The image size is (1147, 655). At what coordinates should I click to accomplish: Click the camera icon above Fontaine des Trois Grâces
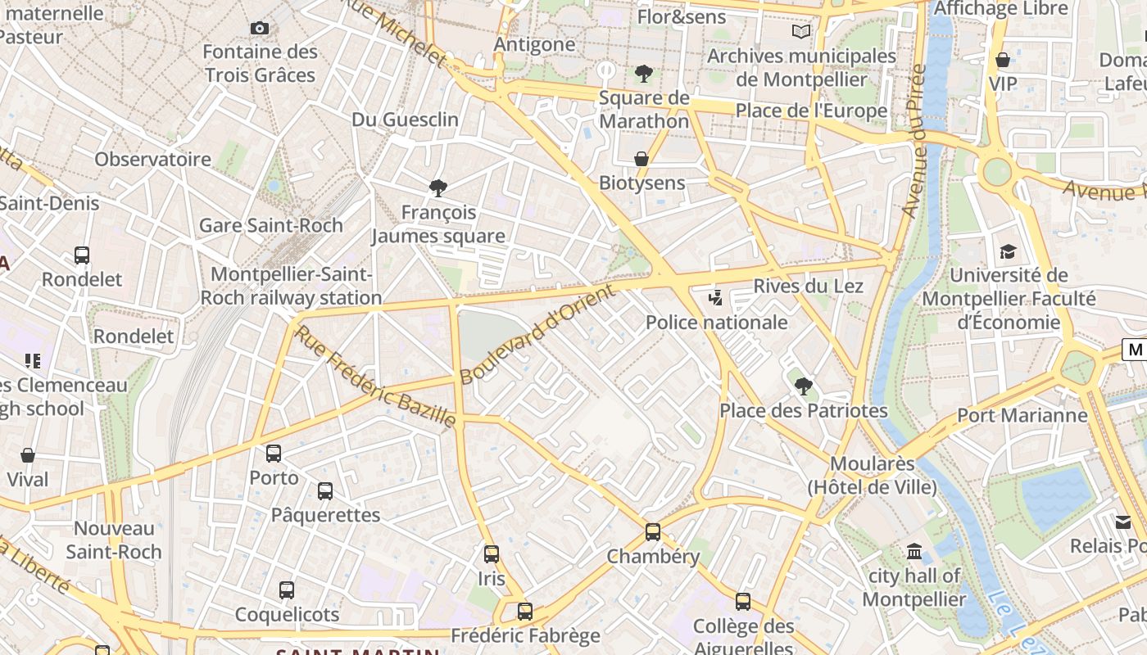pos(260,29)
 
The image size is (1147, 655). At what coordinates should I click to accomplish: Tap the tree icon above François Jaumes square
pos(438,188)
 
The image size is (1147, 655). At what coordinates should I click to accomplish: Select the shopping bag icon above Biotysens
pos(642,159)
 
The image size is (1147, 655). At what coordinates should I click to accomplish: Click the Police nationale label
pos(717,323)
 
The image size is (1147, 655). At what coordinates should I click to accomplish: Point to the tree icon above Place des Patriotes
pos(804,386)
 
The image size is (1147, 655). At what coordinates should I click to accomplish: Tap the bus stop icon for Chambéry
pos(653,532)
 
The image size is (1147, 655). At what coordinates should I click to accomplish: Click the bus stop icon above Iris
pos(492,554)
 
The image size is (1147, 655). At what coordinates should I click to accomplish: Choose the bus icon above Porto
pos(274,454)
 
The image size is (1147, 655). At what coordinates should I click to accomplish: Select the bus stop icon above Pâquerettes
pos(325,491)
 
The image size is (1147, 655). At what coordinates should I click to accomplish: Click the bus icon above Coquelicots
pos(287,590)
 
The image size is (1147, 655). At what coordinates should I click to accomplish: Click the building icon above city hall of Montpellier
pos(914,552)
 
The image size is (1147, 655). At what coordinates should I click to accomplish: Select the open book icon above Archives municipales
pos(801,32)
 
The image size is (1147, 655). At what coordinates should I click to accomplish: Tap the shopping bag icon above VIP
pos(1003,60)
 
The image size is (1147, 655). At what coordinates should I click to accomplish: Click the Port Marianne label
pos(1022,415)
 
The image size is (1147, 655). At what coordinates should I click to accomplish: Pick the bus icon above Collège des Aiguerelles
pos(743,602)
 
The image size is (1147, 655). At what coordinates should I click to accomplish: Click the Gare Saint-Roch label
pos(271,225)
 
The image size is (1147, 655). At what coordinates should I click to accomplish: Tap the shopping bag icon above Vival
pos(28,455)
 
